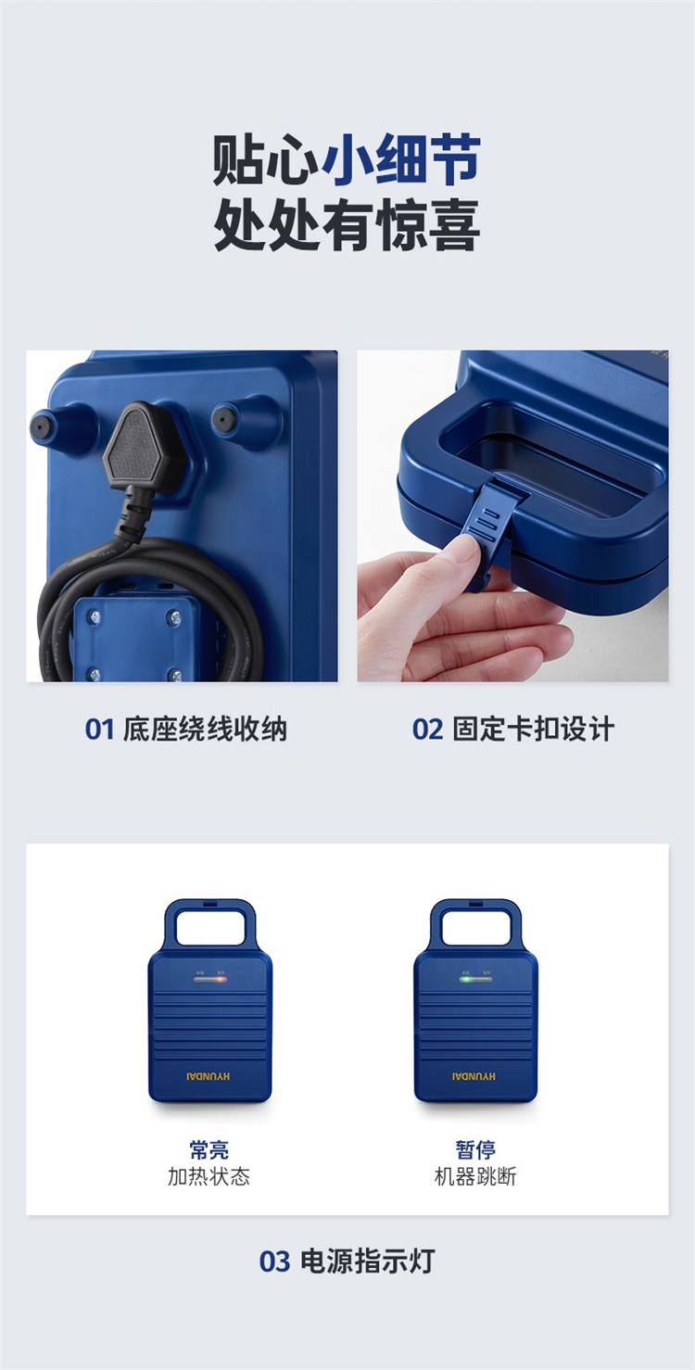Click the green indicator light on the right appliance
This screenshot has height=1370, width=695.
point(466,979)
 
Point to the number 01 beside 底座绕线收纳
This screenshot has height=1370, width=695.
point(100,729)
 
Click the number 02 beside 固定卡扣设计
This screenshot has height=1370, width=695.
point(427,729)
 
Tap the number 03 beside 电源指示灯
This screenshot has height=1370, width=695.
point(274,1262)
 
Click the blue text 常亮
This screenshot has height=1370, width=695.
point(209,1149)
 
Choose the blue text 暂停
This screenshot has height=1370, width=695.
point(475,1149)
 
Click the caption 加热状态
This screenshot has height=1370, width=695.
point(209,1176)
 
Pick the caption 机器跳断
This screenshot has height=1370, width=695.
point(475,1176)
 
